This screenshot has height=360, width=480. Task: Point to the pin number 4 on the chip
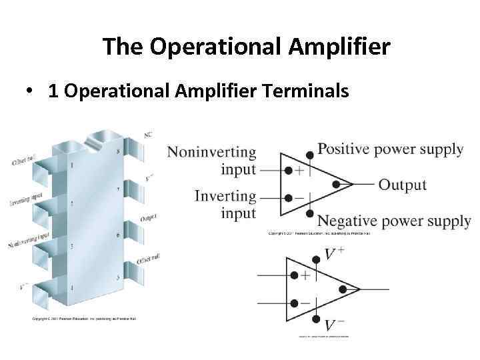(x=73, y=287)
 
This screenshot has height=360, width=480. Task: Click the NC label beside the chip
(x=147, y=134)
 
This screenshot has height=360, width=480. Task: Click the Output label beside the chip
(x=148, y=219)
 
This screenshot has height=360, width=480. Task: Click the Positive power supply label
(x=390, y=149)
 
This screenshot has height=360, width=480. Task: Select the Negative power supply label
(x=393, y=221)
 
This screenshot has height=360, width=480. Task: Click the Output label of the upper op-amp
(x=402, y=185)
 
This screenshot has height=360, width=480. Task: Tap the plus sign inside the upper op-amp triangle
(x=300, y=171)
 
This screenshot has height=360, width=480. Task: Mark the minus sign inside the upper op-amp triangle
(x=300, y=199)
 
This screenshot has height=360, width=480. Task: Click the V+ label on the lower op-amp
(x=334, y=254)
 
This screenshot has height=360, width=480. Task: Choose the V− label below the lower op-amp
(x=334, y=325)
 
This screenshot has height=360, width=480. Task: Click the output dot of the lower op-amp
(x=343, y=289)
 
